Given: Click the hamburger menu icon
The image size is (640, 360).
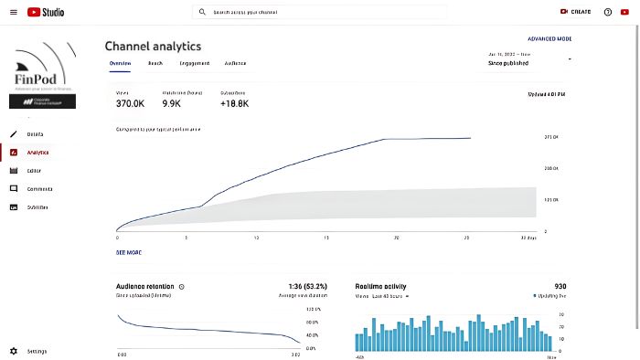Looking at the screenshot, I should coord(13,12).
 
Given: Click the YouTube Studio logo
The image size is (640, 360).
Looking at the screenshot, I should coord(45,12).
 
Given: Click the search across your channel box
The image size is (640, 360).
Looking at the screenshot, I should coord(320,13).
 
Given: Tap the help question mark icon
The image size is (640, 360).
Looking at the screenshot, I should coord(607,12).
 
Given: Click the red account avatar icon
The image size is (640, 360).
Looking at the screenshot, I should coord(624,12).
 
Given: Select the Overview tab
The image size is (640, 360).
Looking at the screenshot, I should coord(120,63).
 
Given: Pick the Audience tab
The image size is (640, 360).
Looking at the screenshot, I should coord(235,63).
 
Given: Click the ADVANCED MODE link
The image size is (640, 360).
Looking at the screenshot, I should coord(549,39).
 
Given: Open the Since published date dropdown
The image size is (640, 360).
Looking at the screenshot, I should coord(529,59).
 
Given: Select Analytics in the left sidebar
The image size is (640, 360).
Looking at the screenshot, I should coord(37,153).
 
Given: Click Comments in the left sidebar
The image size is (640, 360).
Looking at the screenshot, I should coord(39,188).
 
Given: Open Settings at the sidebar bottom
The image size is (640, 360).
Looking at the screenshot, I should coord(37,351).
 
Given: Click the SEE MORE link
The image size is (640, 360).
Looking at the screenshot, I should coord(129,252).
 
